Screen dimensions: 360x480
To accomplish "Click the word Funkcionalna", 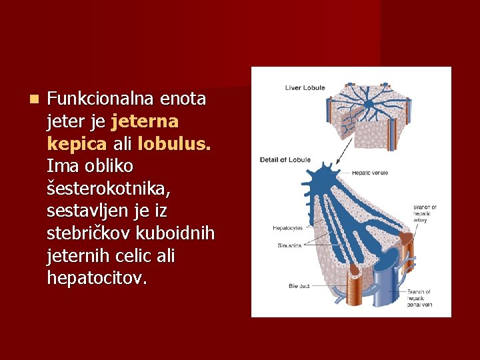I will coord(100,100).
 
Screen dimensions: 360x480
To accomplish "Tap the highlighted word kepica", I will coord(73,144).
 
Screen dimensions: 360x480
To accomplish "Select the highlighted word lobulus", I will coord(174,144).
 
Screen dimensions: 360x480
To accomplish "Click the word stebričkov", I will coord(83,233).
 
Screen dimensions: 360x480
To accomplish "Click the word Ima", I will coord(61,165).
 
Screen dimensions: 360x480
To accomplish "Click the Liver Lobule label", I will coord(305,87).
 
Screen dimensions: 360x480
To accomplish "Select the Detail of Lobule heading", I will coord(285,159).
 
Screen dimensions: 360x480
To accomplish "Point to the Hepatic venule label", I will coord(370,173).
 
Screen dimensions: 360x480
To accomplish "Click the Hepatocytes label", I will coord(287,228).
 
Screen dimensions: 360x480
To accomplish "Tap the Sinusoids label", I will coord(289,245).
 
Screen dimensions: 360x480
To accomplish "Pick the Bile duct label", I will coord(299,285).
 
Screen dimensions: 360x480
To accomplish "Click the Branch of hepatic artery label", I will coord(425,214).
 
